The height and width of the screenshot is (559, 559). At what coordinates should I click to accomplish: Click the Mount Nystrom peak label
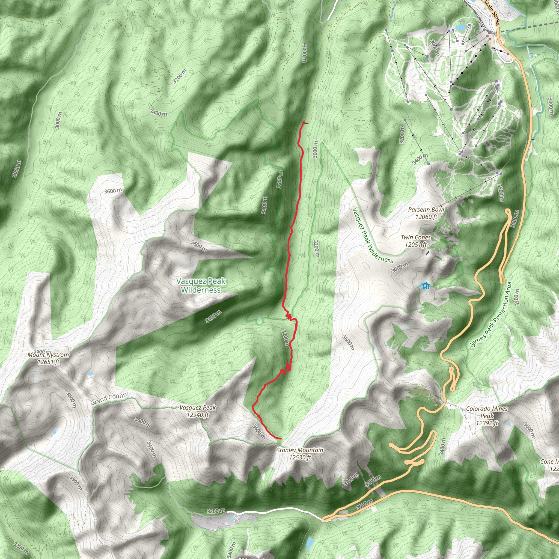pos(48,358)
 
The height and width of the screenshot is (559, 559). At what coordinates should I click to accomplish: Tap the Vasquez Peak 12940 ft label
pos(198,411)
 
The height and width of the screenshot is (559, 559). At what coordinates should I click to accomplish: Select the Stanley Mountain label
pos(300,453)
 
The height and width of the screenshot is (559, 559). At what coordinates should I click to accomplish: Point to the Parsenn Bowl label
pos(426,213)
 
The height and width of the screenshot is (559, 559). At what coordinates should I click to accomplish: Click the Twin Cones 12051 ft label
pos(416,241)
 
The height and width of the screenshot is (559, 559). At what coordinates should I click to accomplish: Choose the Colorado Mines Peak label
pos(487,416)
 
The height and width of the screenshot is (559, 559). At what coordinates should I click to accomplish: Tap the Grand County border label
pos(109,399)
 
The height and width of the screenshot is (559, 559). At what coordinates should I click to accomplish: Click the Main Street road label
pos(492,13)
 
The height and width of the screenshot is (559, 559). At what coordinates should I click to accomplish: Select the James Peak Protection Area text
pos(491,314)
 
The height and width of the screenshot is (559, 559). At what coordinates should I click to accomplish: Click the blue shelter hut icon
pos(425,286)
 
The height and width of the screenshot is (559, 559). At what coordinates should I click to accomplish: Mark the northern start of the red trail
pos(304,123)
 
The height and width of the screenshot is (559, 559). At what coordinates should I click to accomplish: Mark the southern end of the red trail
pos(281,439)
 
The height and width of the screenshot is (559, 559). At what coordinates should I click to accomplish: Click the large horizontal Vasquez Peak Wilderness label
pos(201,285)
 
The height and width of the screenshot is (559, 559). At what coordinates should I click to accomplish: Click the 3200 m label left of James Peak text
pos(517,297)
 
